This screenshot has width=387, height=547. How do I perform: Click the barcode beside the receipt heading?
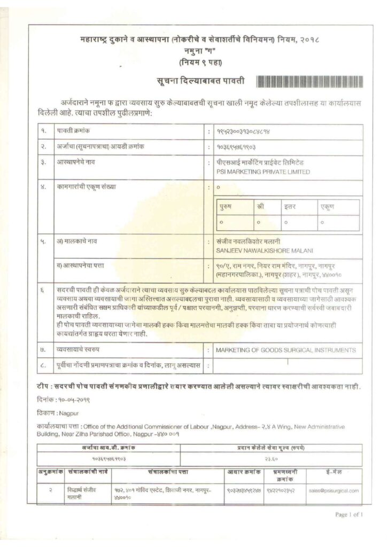click(x=309, y=82)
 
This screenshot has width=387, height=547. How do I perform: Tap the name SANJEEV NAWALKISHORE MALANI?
click(x=264, y=251)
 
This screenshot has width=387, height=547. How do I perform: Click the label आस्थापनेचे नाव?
click(x=76, y=161)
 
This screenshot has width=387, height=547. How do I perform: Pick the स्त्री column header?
click(x=260, y=207)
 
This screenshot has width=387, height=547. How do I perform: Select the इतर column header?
click(x=290, y=207)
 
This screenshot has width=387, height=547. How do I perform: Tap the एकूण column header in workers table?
click(x=327, y=207)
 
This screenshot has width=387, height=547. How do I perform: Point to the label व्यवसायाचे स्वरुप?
click(x=78, y=350)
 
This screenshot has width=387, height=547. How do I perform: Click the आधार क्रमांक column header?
click(x=244, y=473)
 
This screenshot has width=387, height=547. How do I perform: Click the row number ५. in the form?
click(x=43, y=241)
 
